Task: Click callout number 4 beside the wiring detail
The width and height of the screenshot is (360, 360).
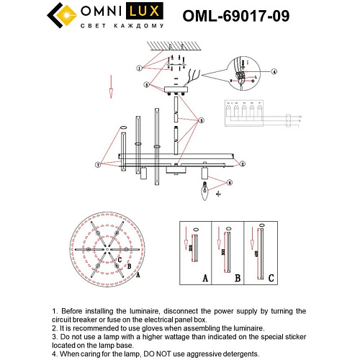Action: (x=274, y=71)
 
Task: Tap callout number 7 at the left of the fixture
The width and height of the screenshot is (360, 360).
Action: (x=98, y=164)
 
